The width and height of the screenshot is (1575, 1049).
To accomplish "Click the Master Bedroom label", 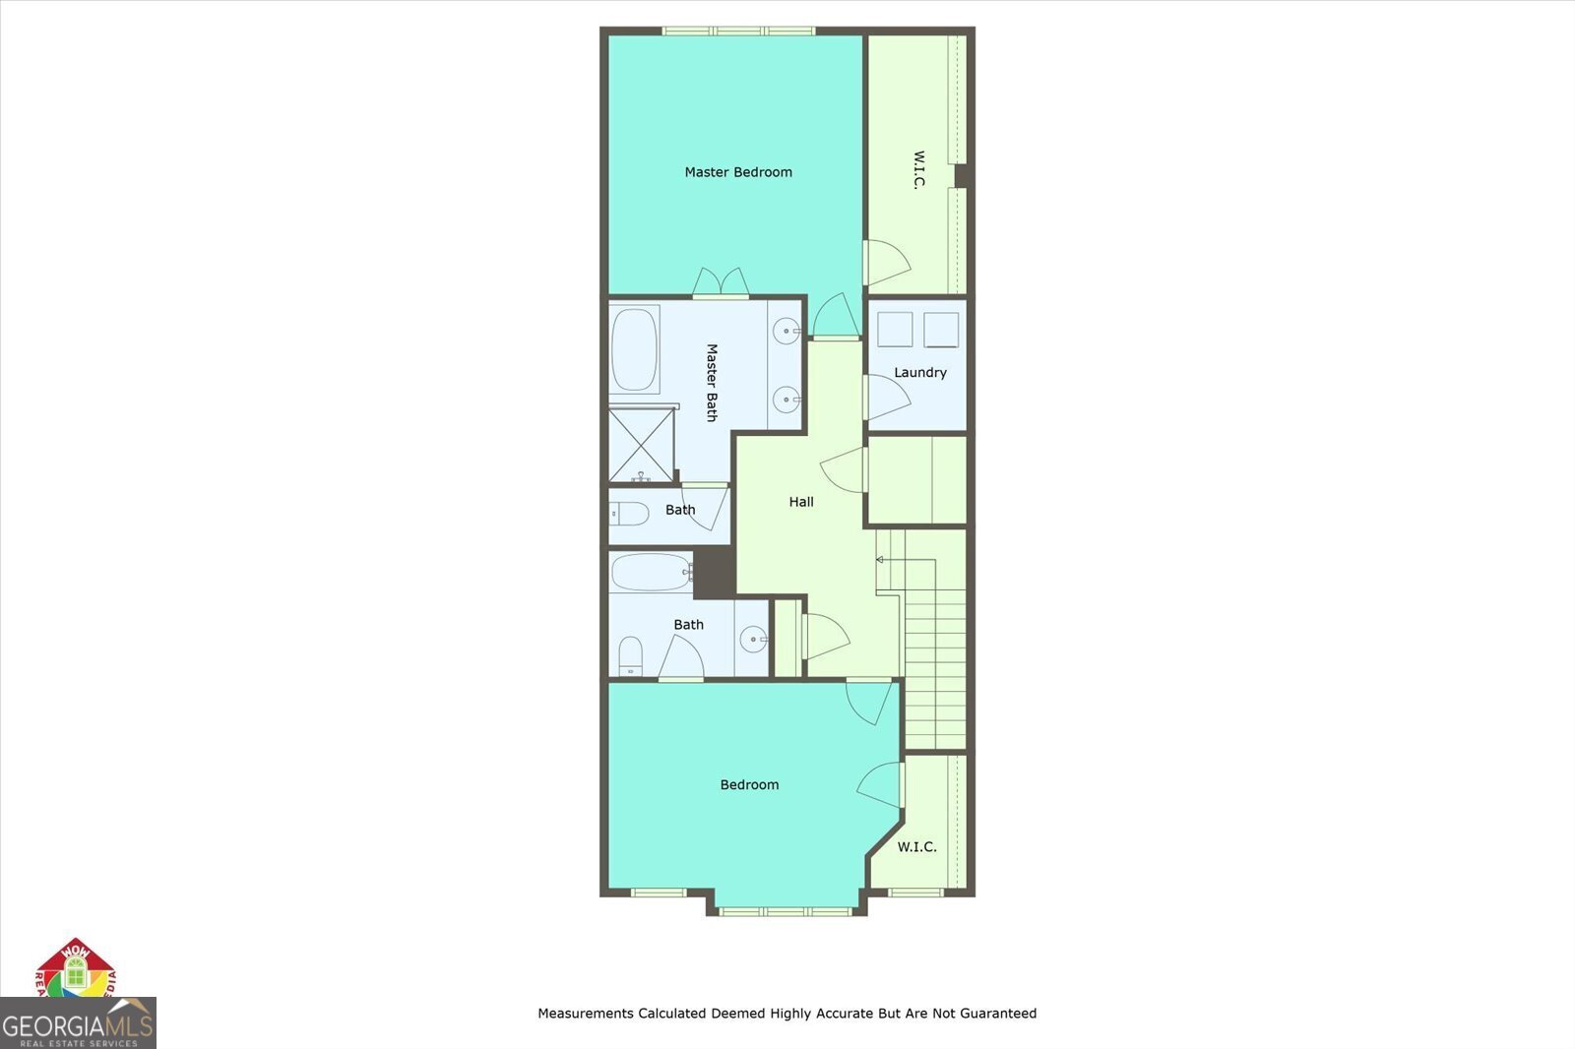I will tap(738, 172).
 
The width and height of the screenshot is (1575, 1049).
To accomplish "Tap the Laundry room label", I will tap(920, 373).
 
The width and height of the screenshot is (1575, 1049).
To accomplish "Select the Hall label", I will tap(801, 502).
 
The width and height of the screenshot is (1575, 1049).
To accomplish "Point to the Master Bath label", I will tap(712, 383).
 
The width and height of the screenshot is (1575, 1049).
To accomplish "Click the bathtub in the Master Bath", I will tap(634, 350).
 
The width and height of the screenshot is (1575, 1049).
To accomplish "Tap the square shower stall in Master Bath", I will tap(641, 445).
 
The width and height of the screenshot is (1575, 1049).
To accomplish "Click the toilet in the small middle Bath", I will tap(629, 513).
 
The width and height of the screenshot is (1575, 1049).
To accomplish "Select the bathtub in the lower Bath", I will tap(650, 572).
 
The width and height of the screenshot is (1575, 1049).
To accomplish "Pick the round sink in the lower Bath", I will tap(754, 640).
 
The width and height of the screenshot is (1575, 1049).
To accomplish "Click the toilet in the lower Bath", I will tap(630, 655).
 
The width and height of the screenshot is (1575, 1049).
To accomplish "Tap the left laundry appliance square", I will tap(895, 330).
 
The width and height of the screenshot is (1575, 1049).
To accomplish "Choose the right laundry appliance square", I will tap(941, 330).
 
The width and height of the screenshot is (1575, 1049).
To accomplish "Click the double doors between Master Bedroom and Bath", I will tap(721, 282).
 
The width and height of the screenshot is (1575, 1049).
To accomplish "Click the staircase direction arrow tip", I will tap(879, 560).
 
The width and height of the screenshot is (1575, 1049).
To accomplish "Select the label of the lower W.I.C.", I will tap(916, 847).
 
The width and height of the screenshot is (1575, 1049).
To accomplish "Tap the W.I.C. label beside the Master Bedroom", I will tap(918, 170).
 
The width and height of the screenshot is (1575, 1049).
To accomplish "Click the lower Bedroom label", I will tap(749, 785).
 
